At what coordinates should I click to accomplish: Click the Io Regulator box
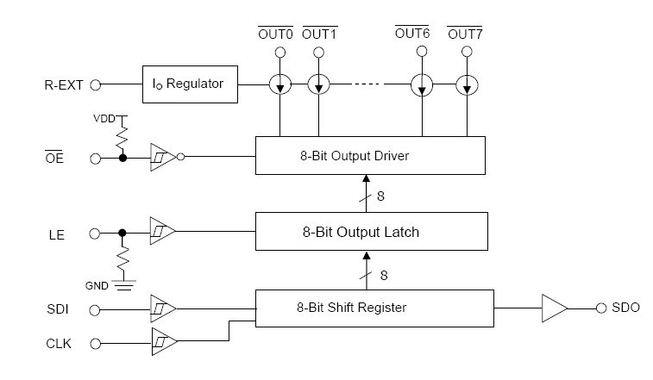click(x=189, y=84)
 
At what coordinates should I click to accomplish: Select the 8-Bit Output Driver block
click(x=371, y=155)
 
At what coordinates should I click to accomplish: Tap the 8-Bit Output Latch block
click(x=371, y=232)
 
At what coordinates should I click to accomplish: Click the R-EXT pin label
click(x=63, y=85)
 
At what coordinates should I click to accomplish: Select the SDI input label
click(x=58, y=308)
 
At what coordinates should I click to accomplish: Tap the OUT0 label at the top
click(x=278, y=34)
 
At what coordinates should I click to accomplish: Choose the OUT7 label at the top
click(x=465, y=34)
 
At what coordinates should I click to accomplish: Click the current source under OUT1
click(x=319, y=85)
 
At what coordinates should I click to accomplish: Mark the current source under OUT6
click(x=422, y=85)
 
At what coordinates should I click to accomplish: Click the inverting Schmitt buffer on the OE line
click(x=164, y=158)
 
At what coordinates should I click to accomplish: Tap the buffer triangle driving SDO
click(x=553, y=308)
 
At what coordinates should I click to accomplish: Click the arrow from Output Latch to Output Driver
click(x=366, y=191)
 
